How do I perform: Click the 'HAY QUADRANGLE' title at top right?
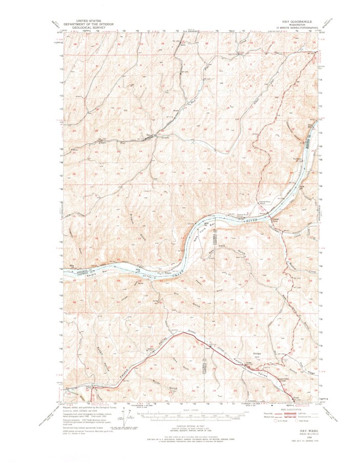point(297,22)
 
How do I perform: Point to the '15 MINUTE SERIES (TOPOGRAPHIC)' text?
point(297,27)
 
